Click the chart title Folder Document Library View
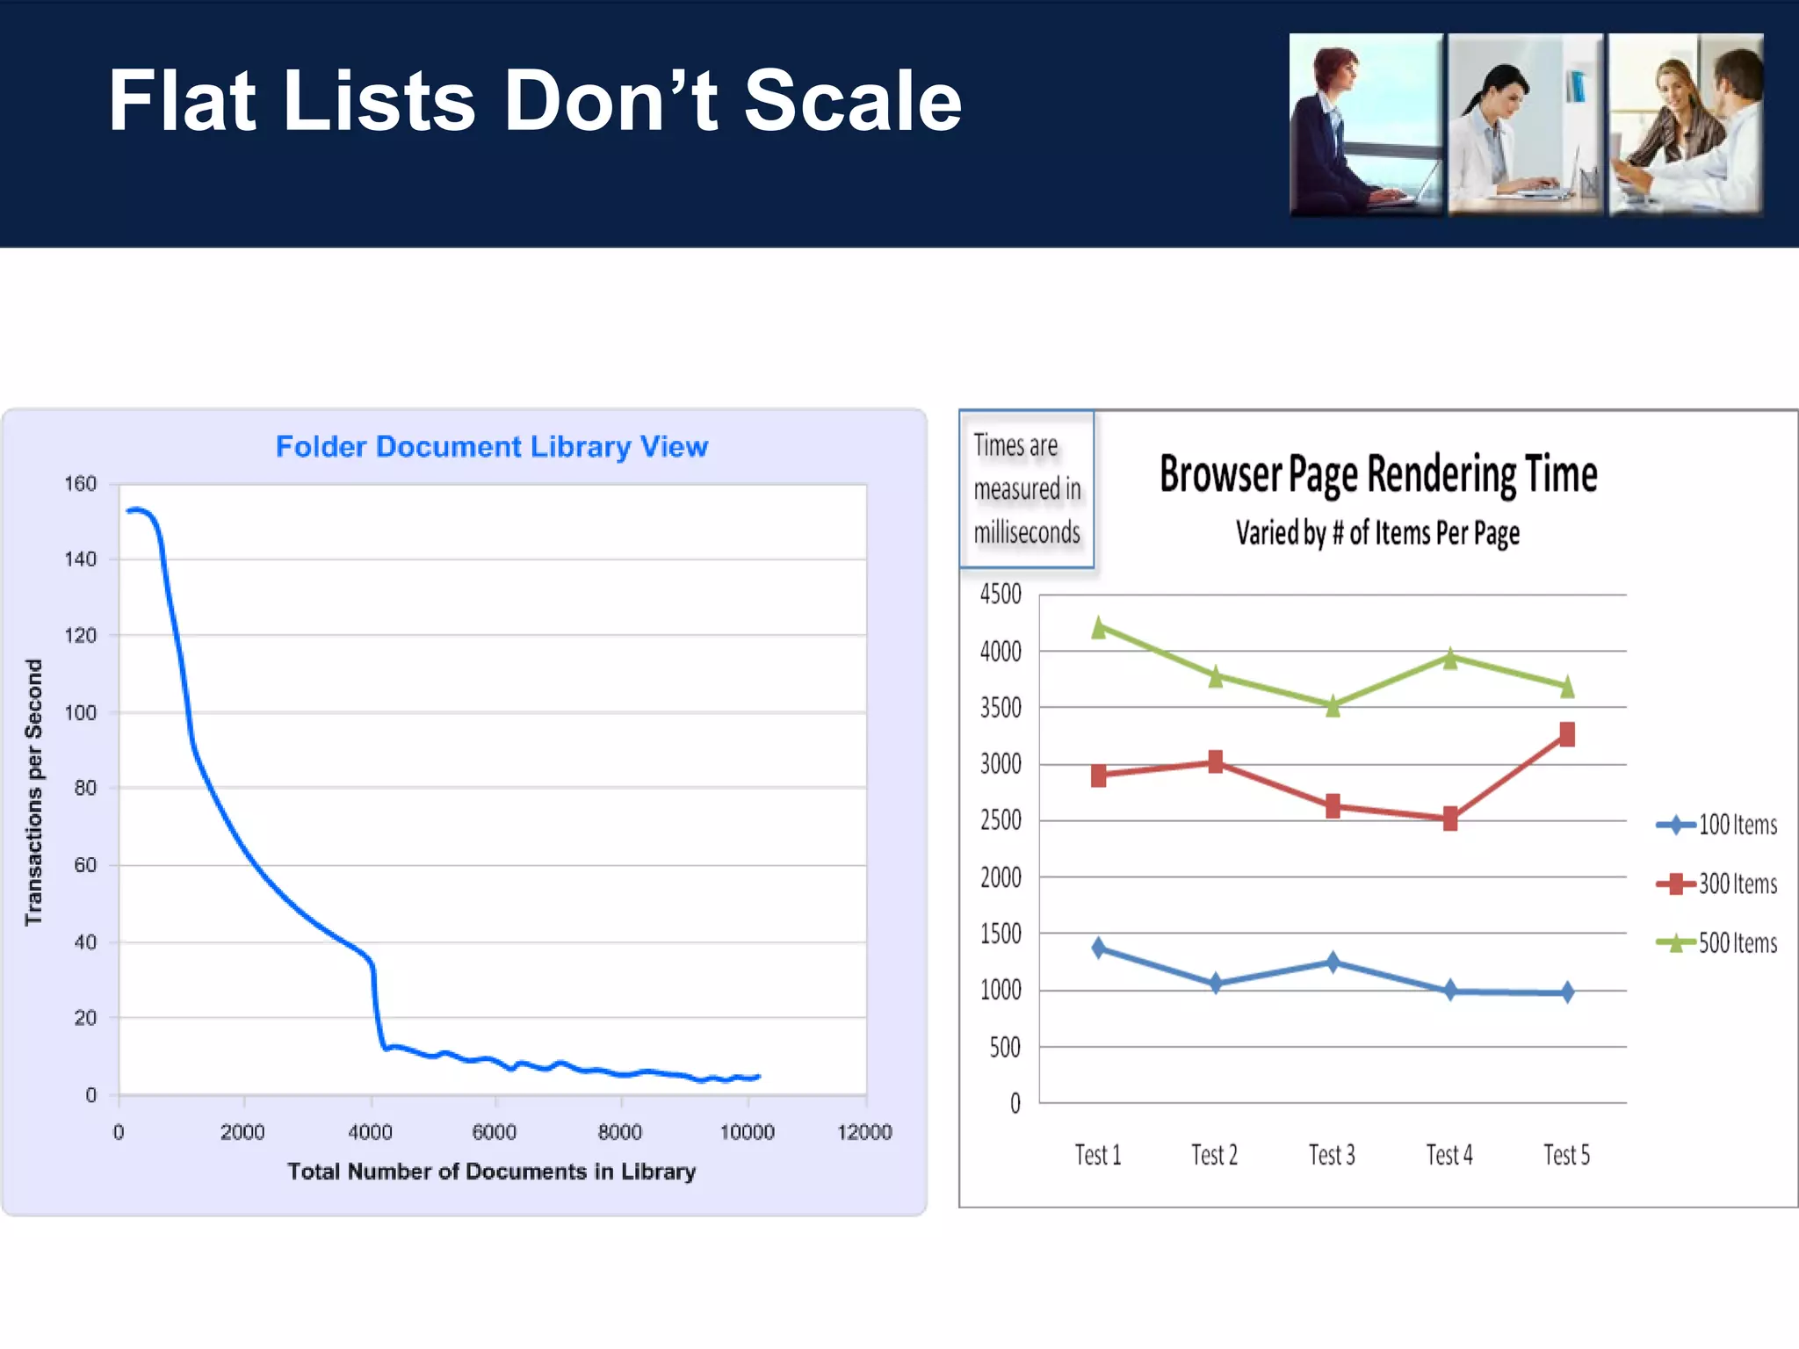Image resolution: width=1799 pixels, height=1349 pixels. tap(492, 446)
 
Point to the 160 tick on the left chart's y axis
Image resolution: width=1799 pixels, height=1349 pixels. tap(80, 484)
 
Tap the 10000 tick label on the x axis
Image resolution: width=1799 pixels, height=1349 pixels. tap(747, 1132)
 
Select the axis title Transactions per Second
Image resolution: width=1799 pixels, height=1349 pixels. tap(33, 792)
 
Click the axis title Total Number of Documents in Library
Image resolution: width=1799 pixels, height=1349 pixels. tap(492, 1172)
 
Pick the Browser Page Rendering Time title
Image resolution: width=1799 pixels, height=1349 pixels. tap(1377, 474)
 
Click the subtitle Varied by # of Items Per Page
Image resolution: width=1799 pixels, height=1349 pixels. tap(1377, 533)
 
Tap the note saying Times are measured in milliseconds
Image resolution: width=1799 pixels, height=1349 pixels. tap(1027, 489)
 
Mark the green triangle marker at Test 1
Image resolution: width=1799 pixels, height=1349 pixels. tap(1099, 628)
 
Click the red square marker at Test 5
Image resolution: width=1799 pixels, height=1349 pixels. tap(1567, 734)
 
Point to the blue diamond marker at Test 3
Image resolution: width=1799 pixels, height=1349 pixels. tap(1333, 963)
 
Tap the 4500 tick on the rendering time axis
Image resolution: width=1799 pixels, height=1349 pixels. tap(1001, 595)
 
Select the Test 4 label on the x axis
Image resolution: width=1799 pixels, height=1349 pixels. tap(1449, 1155)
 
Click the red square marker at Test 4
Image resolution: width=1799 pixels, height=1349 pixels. tap(1450, 819)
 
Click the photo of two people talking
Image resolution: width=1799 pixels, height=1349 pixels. tap(1686, 125)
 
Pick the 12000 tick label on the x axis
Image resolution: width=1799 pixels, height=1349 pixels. tap(864, 1132)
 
